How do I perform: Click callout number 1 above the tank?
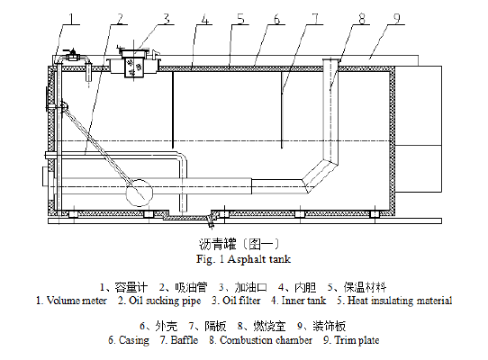72,19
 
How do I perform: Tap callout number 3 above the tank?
167,19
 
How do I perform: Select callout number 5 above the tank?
241,19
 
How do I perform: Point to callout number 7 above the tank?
316,19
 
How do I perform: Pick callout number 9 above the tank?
397,19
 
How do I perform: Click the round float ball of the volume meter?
139,192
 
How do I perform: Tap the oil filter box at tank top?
134,67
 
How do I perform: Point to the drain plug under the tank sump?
211,222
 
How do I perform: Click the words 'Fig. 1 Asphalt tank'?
243,259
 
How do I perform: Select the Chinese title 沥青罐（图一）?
239,244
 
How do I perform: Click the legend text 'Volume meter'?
77,301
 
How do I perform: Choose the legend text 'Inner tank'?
303,301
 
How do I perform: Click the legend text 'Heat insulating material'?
400,301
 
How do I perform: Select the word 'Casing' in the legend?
134,340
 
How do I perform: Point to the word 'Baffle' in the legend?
185,340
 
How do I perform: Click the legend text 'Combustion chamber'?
267,340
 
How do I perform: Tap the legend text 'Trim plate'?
357,340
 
